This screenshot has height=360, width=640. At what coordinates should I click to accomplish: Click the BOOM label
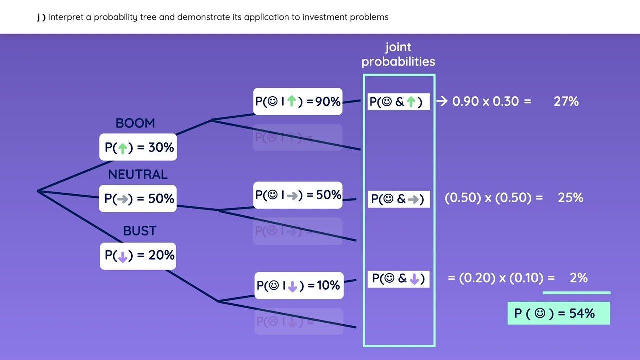coord(135,123)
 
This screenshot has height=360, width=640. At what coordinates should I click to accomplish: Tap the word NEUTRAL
coord(138,174)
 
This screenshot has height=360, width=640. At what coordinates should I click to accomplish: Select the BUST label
coord(140,231)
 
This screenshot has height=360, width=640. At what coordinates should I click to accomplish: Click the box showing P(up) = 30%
coord(139,147)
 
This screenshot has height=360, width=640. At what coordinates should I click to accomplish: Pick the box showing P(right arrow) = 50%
coord(139,198)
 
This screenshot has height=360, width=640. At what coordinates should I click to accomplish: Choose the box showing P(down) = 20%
coord(139,255)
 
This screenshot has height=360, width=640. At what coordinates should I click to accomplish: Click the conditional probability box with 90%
coord(298,102)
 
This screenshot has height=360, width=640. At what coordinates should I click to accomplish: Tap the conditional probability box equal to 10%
coord(299,285)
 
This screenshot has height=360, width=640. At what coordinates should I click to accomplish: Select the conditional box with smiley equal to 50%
coord(298,195)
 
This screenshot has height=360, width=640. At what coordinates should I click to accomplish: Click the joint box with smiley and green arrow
coord(398,102)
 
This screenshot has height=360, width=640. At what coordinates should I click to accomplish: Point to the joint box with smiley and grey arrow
coord(398,199)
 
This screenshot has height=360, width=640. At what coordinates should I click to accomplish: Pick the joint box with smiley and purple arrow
coord(398,278)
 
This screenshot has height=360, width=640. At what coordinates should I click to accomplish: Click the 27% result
coord(566,102)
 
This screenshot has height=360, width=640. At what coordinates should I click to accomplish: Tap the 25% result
coord(570,198)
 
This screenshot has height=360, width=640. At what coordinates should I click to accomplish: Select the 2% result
coord(578,278)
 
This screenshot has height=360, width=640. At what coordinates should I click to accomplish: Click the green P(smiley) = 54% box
coord(558,313)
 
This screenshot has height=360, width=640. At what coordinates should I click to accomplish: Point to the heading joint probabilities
coord(398,54)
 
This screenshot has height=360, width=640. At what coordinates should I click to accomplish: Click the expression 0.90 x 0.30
coord(485,102)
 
